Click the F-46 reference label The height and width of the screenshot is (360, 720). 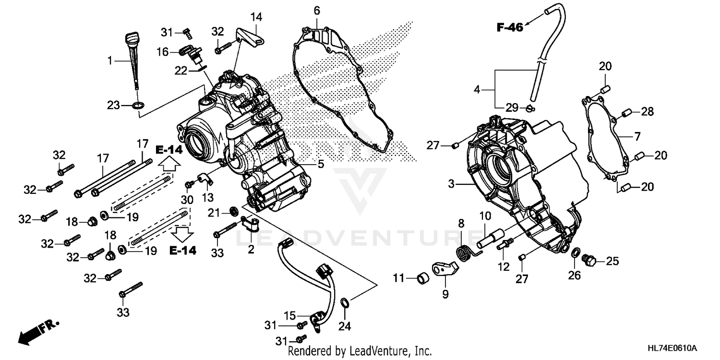509,27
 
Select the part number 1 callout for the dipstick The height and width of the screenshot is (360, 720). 110,61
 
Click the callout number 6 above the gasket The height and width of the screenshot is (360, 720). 317,10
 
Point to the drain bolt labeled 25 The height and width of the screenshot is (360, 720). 589,261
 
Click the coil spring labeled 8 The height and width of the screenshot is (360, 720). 464,252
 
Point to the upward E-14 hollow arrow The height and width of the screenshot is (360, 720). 168,165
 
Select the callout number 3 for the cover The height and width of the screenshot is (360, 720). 451,183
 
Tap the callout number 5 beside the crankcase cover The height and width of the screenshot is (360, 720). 320,164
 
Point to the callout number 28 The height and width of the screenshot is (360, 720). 648,112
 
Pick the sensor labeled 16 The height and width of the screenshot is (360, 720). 190,52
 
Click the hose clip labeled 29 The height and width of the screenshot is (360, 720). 528,107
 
